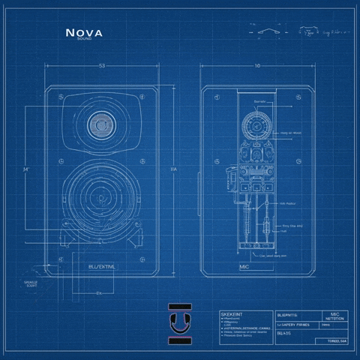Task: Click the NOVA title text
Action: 84,32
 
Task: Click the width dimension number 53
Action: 101,67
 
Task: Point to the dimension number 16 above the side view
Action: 257,67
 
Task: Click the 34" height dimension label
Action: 25,169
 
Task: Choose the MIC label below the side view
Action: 244,266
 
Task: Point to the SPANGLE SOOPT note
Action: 31,283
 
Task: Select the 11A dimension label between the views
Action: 173,170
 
